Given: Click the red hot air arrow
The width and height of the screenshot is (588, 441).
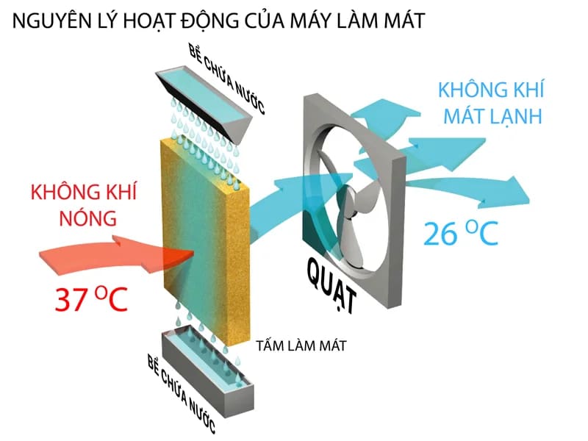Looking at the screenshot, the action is coord(116,255).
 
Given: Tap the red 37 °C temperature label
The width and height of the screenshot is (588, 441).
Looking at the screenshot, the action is coord(91,299).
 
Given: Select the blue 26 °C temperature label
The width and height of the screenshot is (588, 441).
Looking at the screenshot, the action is coord(461,233).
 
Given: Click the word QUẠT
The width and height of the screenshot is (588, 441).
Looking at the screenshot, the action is coord(331,285).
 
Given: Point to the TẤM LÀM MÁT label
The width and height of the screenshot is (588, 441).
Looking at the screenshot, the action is coord(301,345).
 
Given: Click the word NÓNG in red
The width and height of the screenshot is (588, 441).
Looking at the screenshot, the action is coord(88,218).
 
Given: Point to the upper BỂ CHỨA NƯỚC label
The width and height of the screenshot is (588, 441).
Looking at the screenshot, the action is coord(227,79).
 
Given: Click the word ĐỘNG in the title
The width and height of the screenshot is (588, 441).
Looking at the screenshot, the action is coord(210,21).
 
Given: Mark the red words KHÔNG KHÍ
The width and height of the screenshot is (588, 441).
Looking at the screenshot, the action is coord(84,192).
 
